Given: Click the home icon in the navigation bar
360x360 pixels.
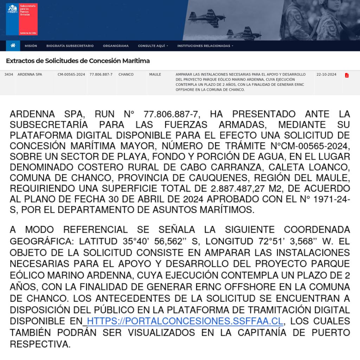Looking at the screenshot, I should (x=13, y=46).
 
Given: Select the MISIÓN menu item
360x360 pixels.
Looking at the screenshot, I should (x=31, y=46).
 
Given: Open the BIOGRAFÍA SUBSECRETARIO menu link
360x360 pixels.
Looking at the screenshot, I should (x=70, y=46).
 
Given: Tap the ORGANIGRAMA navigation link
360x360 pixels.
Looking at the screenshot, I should (x=116, y=46).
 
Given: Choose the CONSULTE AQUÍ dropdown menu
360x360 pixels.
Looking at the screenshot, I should (x=153, y=46).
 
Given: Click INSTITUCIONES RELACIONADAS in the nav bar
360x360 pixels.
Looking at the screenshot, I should (x=205, y=46).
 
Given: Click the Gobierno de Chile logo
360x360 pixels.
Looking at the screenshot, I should (x=22, y=19).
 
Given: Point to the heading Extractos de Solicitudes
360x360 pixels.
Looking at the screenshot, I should (x=78, y=61).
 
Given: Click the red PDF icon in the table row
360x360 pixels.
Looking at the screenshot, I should (x=347, y=75).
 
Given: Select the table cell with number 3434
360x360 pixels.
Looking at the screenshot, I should (x=9, y=75).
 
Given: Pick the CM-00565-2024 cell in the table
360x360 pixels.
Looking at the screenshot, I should (x=71, y=75).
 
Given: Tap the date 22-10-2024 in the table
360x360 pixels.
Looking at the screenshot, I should (x=326, y=75).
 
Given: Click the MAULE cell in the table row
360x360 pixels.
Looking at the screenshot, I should (x=155, y=75).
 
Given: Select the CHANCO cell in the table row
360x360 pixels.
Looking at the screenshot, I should (x=126, y=75).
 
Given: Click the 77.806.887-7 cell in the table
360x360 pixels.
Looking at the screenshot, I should (x=101, y=75).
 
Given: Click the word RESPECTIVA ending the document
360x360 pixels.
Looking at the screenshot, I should (x=40, y=344).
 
